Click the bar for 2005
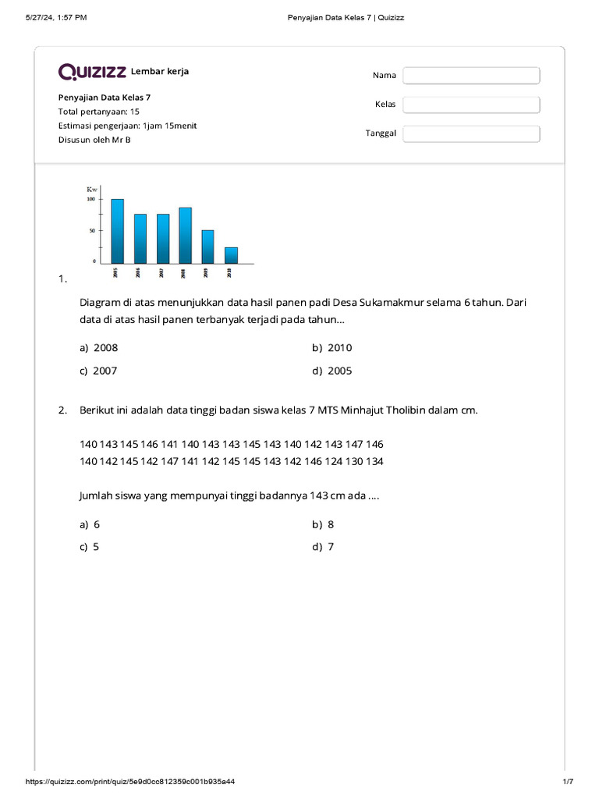118,231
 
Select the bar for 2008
185,235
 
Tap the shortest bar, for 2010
231,254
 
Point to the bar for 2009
207,246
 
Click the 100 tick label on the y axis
90,199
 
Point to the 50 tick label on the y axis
92,231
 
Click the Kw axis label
92,190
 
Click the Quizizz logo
92,72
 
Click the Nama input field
471,76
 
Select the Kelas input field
471,105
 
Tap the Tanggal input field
471,133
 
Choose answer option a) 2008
99,348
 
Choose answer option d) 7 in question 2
324,547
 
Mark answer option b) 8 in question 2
324,525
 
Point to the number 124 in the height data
333,461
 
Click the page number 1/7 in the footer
568,782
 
